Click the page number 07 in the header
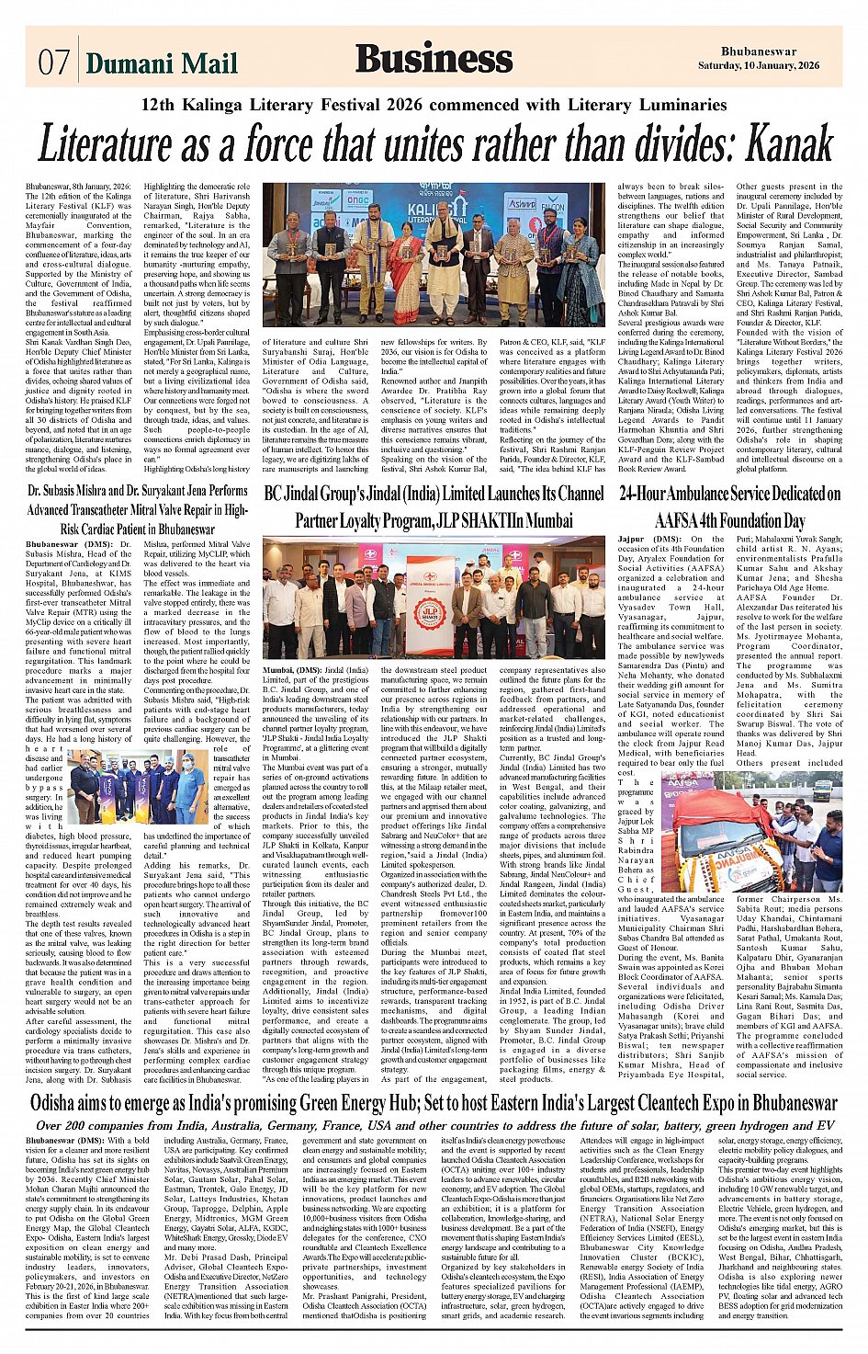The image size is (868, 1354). pos(53,63)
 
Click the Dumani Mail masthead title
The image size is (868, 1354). pos(162,63)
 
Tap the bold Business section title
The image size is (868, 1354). pos(434,60)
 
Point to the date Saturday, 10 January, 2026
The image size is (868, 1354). pos(770,66)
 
